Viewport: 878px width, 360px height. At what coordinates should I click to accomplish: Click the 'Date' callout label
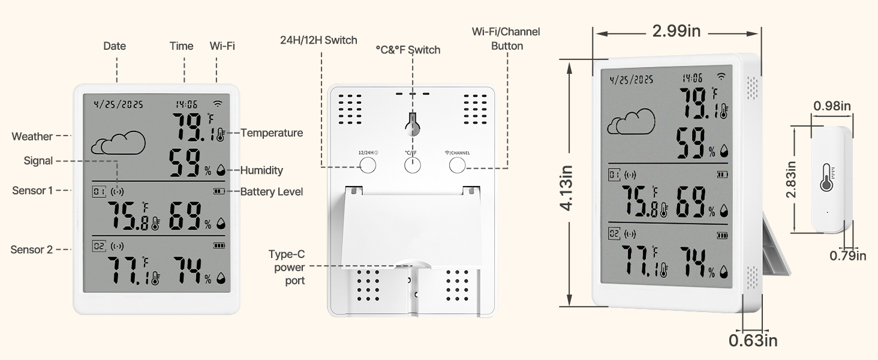click(x=115, y=46)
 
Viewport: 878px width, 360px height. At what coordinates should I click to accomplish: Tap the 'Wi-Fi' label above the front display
click(x=222, y=46)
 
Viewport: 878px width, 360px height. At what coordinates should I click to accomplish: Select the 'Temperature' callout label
click(x=272, y=133)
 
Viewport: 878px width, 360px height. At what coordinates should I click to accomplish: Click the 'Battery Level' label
click(x=272, y=192)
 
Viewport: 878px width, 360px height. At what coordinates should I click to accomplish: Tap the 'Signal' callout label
click(x=38, y=161)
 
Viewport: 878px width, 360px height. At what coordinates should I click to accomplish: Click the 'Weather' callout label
click(x=32, y=137)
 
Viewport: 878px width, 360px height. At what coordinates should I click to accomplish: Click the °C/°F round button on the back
click(x=412, y=165)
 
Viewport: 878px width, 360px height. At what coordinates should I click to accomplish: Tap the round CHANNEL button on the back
click(x=457, y=165)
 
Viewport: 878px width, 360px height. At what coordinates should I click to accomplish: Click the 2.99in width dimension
click(x=676, y=31)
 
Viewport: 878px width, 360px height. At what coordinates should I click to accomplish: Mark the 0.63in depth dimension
click(x=753, y=341)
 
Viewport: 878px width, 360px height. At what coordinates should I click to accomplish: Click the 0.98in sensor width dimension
click(x=832, y=106)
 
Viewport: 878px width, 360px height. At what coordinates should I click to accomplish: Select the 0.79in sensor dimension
click(x=848, y=256)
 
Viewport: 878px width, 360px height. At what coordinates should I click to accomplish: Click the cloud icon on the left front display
click(x=118, y=143)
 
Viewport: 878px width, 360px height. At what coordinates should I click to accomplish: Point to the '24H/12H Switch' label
click(x=318, y=41)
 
